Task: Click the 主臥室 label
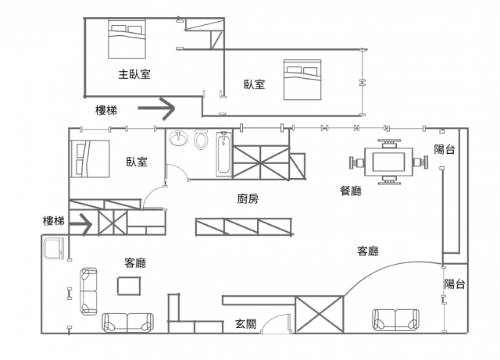point(134,75)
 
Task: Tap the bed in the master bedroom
point(126,38)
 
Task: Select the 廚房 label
point(248,199)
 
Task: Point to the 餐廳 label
point(351,191)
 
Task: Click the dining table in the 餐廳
point(388,162)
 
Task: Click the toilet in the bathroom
point(201,141)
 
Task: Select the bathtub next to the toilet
point(223,152)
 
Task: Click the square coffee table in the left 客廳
point(129,287)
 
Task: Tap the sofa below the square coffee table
point(128,322)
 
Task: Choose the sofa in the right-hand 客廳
point(395,319)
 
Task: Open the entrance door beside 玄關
point(273,323)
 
